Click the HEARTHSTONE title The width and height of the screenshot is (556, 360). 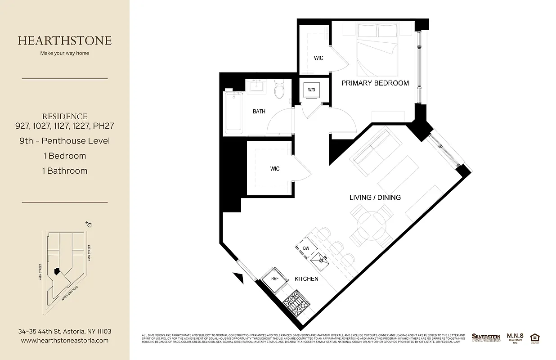point(65,40)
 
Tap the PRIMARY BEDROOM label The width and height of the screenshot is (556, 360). point(375,83)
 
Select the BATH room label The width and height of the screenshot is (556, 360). point(259,111)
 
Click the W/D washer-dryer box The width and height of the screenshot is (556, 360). point(311,90)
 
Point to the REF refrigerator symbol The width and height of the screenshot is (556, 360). point(275,279)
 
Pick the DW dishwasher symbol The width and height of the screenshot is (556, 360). point(306,248)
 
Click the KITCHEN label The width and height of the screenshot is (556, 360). point(306,279)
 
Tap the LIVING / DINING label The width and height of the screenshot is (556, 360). point(375,197)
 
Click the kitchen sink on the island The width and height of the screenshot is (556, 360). point(322,258)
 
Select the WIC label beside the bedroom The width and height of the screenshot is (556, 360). point(318,58)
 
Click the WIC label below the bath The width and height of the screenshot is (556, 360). point(274,169)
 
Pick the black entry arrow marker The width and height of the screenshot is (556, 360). point(237,276)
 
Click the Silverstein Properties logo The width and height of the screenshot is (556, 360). point(486,337)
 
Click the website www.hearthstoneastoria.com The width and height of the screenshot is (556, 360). point(65,341)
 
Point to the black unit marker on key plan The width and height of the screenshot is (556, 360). point(56,271)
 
